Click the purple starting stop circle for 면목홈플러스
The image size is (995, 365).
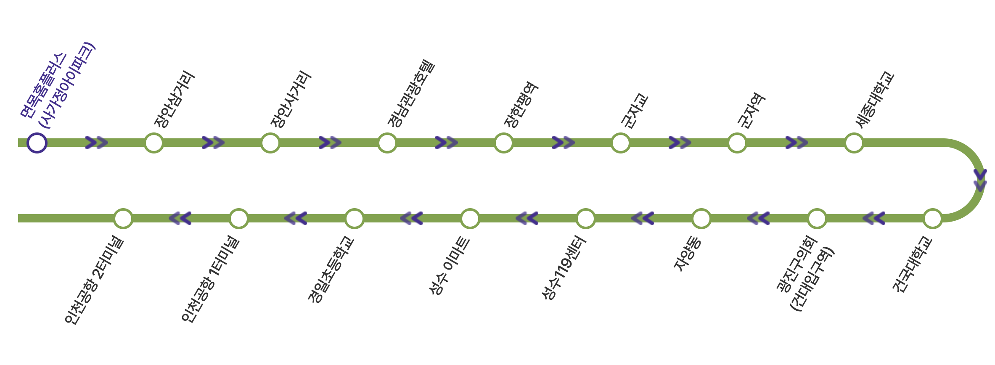tap(37, 143)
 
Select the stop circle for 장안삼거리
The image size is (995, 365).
tap(153, 143)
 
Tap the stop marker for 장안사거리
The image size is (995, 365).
tap(270, 143)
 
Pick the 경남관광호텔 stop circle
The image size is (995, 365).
tap(387, 143)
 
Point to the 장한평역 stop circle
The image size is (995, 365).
tap(503, 143)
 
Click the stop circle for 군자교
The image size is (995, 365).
tap(620, 143)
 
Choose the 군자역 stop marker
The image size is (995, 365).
tap(737, 143)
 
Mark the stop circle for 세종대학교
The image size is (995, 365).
tap(854, 143)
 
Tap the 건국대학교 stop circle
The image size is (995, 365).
tap(932, 219)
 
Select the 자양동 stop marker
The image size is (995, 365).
tap(701, 219)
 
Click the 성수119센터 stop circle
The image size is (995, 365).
tap(585, 219)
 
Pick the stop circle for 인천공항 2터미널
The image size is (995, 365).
tap(123, 219)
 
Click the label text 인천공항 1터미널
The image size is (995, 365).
tap(210, 280)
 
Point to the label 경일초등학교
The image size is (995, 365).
tap(331, 270)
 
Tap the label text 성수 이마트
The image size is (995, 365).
tap(448, 266)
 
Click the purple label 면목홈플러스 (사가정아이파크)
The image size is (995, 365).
tap(58, 86)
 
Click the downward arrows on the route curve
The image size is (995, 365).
tap(980, 180)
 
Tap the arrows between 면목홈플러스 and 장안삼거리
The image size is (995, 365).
tap(96, 143)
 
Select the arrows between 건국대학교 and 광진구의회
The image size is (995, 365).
tap(874, 219)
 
